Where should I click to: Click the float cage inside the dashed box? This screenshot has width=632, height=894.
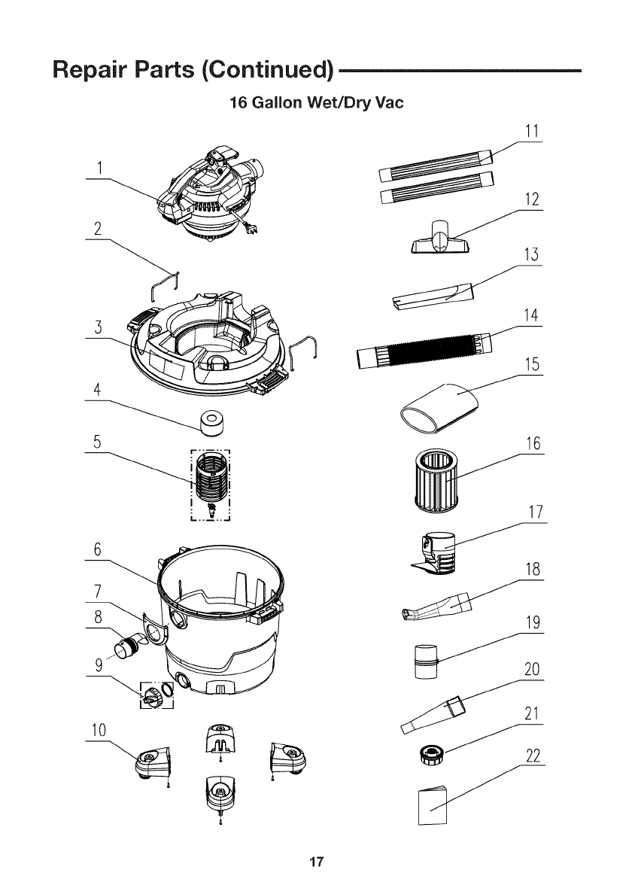coord(211,482)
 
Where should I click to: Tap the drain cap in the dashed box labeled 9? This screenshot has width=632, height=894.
coord(154,695)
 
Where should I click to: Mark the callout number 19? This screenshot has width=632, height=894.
coord(533,624)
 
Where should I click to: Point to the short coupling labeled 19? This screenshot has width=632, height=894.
coord(426,660)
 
